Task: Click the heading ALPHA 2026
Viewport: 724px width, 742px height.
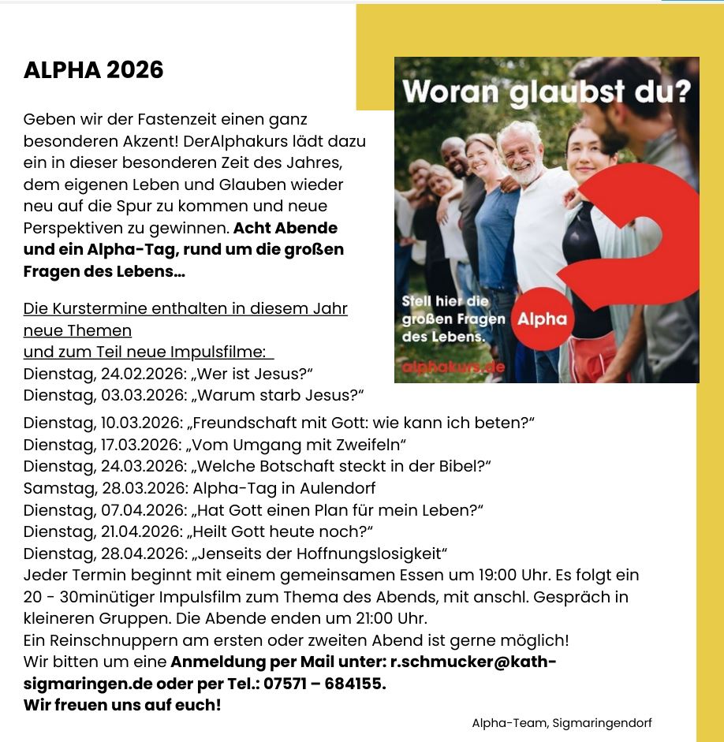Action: (93, 70)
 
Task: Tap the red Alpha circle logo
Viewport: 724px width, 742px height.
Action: (542, 319)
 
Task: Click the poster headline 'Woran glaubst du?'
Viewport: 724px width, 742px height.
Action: (546, 91)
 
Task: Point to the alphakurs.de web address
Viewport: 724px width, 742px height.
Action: (453, 366)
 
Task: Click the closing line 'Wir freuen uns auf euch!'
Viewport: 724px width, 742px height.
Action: (122, 705)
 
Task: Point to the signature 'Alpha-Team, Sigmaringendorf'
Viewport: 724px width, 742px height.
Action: (562, 723)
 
